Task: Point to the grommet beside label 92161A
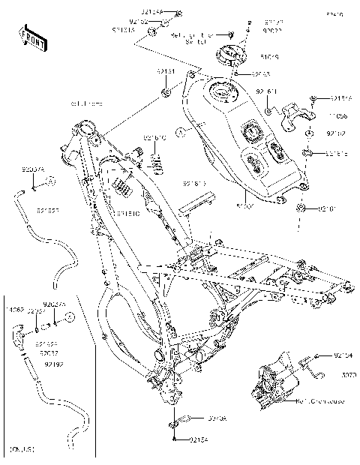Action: (308, 152)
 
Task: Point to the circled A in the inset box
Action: (68, 317)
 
